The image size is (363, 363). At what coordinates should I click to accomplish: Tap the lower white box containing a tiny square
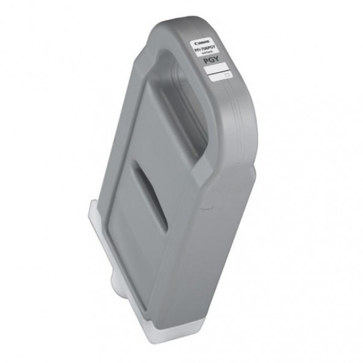pyautogui.click(x=219, y=77)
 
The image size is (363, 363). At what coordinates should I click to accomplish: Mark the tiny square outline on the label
pyautogui.click(x=226, y=78)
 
